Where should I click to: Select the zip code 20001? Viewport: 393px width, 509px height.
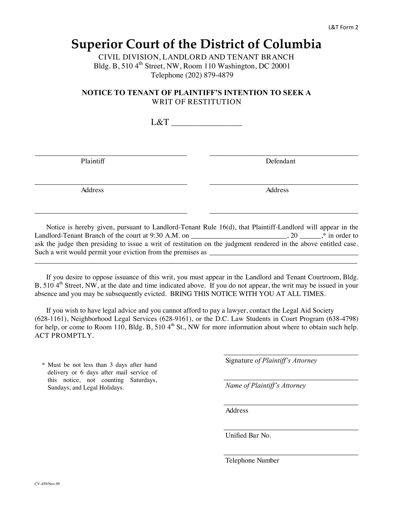pyautogui.click(x=281, y=66)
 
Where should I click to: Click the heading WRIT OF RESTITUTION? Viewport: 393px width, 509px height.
pyautogui.click(x=196, y=102)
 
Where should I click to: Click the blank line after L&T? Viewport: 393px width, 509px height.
pyautogui.click(x=207, y=123)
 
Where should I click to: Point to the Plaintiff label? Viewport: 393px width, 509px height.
pyautogui.click(x=93, y=161)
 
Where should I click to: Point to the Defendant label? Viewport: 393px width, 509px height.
pyautogui.click(x=281, y=161)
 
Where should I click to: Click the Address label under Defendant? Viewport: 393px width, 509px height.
pyautogui.click(x=277, y=190)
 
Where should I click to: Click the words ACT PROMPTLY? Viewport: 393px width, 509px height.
pyautogui.click(x=64, y=336)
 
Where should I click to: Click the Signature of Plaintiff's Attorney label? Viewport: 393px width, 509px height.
pyautogui.click(x=271, y=360)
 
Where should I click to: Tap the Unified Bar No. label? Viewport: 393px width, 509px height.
pyautogui.click(x=248, y=435)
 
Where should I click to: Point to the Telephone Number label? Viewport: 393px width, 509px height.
pyautogui.click(x=252, y=460)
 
